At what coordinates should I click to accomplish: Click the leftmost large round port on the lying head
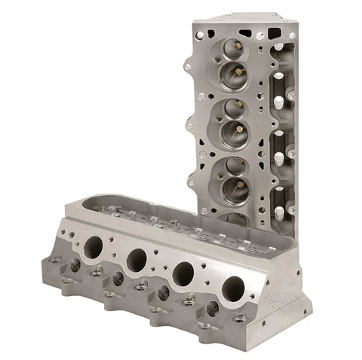[x=94, y=247]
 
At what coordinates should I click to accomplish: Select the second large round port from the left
[x=137, y=260]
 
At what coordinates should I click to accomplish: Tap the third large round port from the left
[x=183, y=273]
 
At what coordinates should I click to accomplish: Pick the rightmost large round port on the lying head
[x=233, y=288]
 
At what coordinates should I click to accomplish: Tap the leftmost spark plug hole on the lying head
[x=75, y=265]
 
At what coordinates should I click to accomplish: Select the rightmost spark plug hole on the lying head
[x=213, y=307]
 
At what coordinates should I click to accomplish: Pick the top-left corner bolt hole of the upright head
[x=199, y=34]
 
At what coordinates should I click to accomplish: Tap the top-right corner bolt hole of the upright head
[x=291, y=35]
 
